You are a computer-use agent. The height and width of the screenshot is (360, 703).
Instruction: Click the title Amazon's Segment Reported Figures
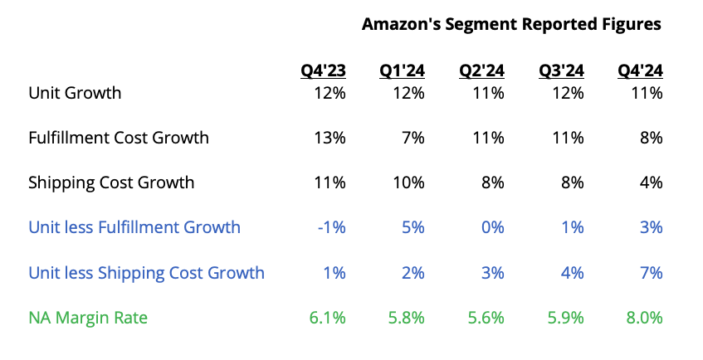(511, 24)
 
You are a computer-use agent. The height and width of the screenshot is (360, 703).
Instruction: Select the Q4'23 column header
(323, 71)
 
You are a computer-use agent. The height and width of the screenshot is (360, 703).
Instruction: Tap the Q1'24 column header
(403, 71)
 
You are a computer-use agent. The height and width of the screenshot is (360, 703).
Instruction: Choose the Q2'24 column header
(482, 71)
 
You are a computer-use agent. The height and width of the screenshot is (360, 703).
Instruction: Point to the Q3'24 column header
(561, 71)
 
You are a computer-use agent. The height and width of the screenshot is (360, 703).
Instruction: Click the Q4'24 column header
(640, 71)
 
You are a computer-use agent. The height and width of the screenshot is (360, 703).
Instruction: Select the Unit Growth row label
(75, 93)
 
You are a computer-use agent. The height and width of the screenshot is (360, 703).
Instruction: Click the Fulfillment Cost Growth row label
(119, 138)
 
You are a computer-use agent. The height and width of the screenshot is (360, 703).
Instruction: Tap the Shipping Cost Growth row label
(111, 182)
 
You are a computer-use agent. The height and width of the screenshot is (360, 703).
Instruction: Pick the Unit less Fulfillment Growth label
(134, 227)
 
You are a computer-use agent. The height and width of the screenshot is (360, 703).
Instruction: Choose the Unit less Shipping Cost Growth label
(147, 272)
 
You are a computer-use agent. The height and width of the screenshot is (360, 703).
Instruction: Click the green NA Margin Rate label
(88, 317)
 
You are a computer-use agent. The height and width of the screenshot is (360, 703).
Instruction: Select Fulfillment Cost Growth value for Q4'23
(330, 138)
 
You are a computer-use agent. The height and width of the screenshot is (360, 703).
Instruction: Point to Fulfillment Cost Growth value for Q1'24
(413, 138)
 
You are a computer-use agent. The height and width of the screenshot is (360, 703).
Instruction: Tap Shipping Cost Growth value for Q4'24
(651, 182)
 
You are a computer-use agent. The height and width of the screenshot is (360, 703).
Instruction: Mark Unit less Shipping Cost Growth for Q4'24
(651, 272)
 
